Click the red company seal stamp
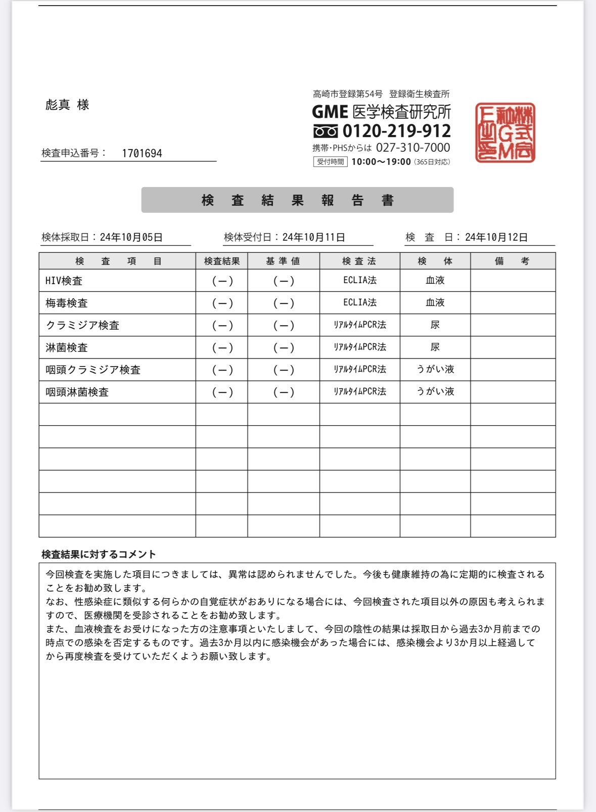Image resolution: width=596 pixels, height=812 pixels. tap(505, 132)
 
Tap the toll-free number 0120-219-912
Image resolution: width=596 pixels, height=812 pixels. tap(396, 131)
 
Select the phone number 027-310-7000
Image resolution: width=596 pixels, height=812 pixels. tap(412, 148)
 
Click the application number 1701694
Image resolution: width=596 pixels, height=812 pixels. tap(142, 154)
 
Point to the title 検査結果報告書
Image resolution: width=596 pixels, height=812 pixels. tap(297, 200)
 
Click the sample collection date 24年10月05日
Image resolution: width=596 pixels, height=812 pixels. tap(131, 237)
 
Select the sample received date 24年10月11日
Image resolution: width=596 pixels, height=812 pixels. tap(313, 237)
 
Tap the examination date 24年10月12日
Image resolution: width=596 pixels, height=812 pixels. tap(496, 237)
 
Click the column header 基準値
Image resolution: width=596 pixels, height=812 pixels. tap(283, 261)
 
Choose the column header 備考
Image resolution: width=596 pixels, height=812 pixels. tap(512, 261)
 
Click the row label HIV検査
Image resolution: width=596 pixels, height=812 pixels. tap(64, 281)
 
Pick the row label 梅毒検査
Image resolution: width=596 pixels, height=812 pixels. tap(67, 303)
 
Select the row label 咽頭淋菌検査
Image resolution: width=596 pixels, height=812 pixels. tap(77, 392)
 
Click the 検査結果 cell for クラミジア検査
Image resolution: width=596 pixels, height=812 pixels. tap(222, 325)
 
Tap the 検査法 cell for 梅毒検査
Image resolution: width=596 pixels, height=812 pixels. tap(359, 302)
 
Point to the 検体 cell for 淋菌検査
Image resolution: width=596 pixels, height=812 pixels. tap(435, 347)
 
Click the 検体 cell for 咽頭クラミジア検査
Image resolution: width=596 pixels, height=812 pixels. tap(435, 370)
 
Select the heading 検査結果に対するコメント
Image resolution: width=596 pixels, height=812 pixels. tap(99, 554)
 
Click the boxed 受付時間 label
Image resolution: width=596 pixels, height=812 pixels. tap(330, 162)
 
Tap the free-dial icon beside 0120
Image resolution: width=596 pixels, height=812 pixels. tap(325, 131)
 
